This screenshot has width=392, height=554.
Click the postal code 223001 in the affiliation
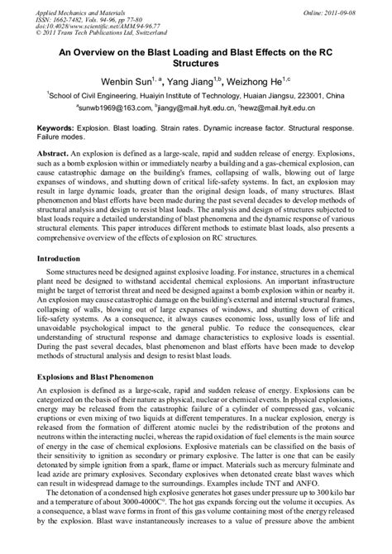coord(339,96)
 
